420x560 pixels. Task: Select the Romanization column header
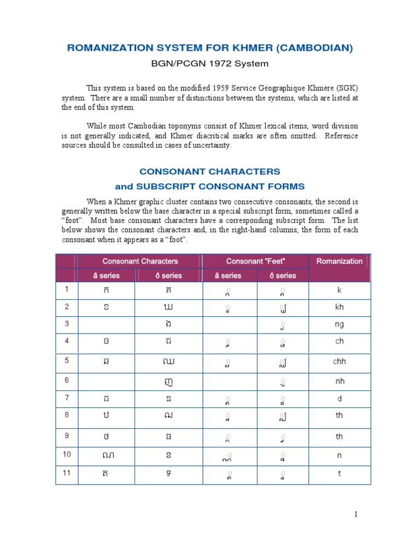click(x=339, y=261)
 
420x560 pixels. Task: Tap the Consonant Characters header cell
click(x=141, y=261)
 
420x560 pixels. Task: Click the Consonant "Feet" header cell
click(x=256, y=261)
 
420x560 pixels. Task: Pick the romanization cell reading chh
click(x=340, y=361)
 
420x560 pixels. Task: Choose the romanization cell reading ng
click(x=340, y=324)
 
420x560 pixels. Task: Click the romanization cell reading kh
click(x=340, y=307)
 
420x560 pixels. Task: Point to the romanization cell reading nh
click(x=340, y=381)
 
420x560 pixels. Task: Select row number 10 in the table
click(x=67, y=454)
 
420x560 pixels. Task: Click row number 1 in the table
click(x=67, y=289)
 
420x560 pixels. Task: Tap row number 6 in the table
click(x=67, y=381)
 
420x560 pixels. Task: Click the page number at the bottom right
click(x=355, y=514)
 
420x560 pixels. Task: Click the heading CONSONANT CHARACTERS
click(x=209, y=172)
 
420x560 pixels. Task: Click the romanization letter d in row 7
click(x=340, y=399)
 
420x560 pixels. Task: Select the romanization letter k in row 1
click(x=340, y=290)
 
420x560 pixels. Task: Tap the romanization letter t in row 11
click(x=340, y=474)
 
